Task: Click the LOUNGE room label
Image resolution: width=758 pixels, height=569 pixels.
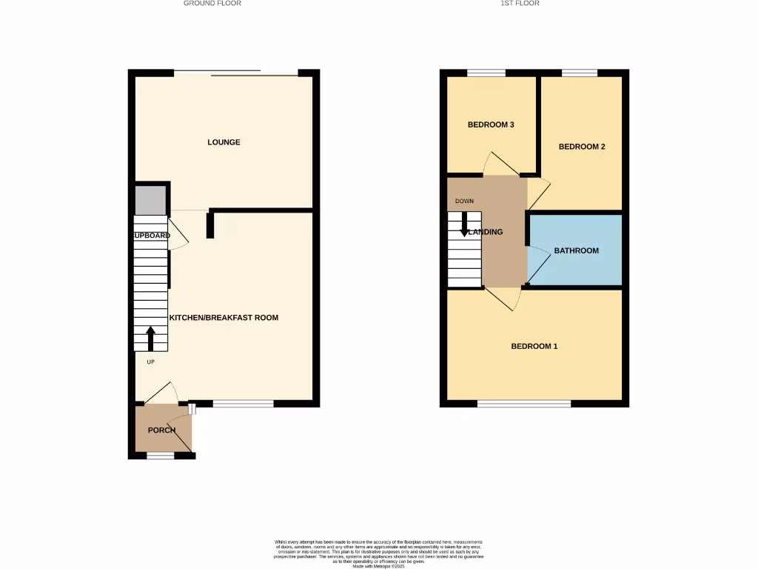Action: pos(224,142)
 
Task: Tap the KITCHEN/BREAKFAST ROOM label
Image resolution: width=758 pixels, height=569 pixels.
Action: pos(224,318)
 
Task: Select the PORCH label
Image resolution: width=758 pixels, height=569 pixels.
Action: pos(161,430)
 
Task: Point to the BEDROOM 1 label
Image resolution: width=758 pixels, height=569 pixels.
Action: pos(534,347)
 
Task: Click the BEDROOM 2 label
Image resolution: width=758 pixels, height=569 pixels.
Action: pos(582,147)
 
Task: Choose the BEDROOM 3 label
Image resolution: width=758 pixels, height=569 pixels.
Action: pos(491,125)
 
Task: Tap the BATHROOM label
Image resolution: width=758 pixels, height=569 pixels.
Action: pos(577,251)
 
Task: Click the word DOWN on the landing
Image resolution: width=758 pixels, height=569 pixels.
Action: pos(464,202)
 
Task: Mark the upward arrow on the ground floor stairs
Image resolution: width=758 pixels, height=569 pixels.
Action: pos(151,339)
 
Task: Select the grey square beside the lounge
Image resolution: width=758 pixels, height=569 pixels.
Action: pos(150,200)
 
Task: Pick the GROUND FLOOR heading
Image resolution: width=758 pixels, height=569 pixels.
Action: pos(212,4)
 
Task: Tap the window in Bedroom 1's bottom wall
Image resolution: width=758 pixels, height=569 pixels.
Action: pos(524,404)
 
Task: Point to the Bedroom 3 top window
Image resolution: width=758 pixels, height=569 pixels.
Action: pos(486,73)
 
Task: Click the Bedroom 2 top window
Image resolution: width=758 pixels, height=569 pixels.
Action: pos(580,73)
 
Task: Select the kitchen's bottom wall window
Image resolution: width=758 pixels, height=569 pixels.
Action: pos(244,404)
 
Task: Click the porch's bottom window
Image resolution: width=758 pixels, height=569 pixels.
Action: pos(161,456)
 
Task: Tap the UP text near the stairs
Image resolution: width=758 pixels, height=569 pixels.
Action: pos(150,362)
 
